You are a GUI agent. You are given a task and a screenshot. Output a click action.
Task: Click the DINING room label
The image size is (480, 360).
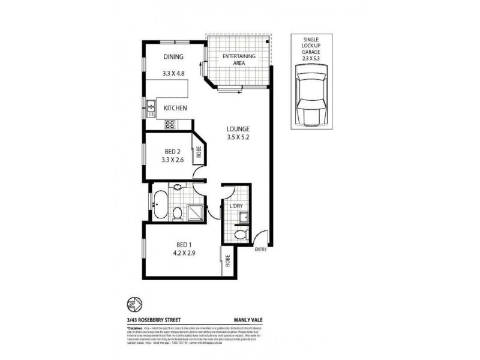(173, 58)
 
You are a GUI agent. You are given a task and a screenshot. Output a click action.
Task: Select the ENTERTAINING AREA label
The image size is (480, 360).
(239, 59)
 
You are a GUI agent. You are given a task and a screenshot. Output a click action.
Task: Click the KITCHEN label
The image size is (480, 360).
(176, 108)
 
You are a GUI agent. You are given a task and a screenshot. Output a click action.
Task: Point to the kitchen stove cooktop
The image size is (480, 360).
(169, 125)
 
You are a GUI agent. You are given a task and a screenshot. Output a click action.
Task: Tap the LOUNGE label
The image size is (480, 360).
(238, 129)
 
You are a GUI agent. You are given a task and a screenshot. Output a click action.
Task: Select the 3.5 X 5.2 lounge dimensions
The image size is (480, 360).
(238, 137)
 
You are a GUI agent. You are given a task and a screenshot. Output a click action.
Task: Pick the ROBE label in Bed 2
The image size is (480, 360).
(197, 152)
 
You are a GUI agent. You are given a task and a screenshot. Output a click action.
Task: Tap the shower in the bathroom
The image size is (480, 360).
(196, 211)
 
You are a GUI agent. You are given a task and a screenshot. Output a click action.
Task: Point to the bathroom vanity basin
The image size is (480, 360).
(178, 188)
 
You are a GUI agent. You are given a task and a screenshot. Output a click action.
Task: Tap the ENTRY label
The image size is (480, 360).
(260, 249)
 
